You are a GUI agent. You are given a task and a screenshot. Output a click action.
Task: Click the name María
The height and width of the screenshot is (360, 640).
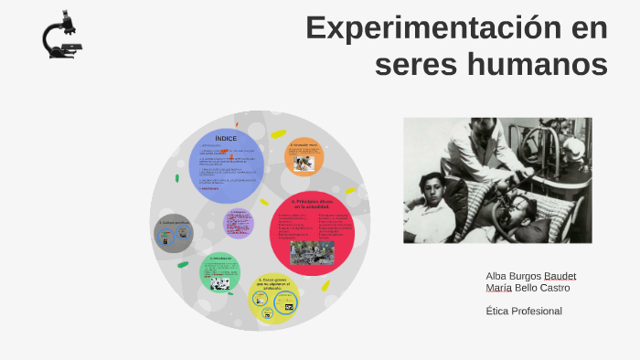coord(499,288)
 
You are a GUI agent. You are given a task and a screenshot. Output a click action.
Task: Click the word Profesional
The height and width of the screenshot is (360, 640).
coord(537,311)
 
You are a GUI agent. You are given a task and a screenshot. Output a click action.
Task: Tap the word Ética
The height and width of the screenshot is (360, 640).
coord(497,311)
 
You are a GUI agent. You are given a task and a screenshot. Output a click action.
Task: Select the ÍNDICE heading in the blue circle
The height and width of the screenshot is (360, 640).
coord(226,138)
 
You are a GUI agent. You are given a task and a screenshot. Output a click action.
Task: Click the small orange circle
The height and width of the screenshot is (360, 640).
coord(304,155)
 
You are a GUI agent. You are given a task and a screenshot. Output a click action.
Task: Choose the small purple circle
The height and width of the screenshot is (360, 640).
coord(239,223)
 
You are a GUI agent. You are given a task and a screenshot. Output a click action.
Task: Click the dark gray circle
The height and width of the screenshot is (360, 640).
coord(174,234)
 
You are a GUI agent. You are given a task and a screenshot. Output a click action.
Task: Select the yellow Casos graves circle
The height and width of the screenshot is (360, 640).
coord(274,298)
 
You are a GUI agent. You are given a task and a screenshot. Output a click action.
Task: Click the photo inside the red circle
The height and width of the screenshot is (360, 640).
coord(312,251)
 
